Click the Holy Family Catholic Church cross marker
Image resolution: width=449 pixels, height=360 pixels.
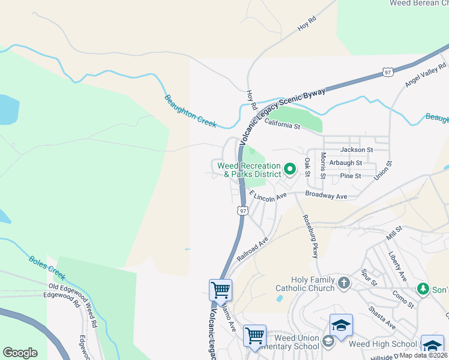click(x=344, y=282)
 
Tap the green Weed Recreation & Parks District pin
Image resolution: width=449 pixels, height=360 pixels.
click(x=289, y=170)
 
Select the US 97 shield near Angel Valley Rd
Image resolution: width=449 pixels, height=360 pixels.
click(x=388, y=72)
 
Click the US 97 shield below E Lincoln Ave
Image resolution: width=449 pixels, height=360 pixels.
click(x=243, y=211)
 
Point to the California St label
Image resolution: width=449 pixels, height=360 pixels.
click(x=282, y=125)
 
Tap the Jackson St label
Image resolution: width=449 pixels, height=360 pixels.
click(x=357, y=149)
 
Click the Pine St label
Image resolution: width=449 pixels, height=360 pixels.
click(x=350, y=176)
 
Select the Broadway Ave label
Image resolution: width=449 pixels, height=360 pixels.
click(x=326, y=196)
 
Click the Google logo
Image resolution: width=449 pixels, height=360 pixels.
click(x=20, y=352)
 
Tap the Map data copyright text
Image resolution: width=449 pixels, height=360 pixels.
click(x=423, y=355)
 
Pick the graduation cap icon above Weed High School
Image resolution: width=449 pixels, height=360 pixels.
click(x=341, y=326)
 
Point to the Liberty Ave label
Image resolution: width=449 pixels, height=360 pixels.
click(x=397, y=266)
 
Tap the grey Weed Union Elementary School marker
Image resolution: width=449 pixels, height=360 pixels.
click(x=328, y=341)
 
